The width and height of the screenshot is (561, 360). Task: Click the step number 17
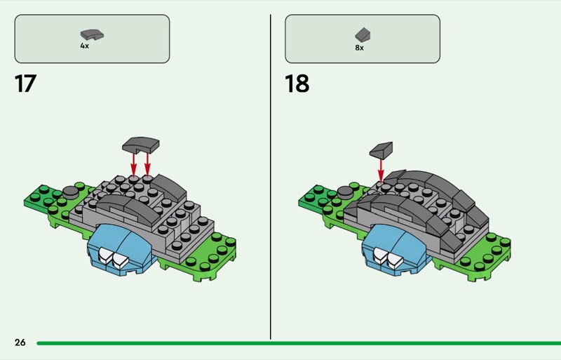click(25, 84)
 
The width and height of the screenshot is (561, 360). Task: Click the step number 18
click(297, 84)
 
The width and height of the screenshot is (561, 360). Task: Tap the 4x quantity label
click(85, 46)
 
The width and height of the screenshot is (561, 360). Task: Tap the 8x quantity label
click(360, 48)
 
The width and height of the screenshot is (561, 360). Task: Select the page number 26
click(20, 342)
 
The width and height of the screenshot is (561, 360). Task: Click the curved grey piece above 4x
click(92, 34)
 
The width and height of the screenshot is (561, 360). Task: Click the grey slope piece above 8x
click(363, 35)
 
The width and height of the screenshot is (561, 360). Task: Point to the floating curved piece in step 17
click(141, 145)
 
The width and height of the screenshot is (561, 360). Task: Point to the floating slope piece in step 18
click(381, 150)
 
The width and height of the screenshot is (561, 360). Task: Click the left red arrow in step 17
click(133, 164)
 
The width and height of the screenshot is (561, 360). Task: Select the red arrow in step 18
click(381, 171)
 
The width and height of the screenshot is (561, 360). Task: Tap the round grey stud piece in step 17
click(71, 192)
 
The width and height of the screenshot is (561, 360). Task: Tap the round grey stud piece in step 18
click(345, 192)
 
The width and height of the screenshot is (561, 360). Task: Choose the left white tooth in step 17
click(105, 255)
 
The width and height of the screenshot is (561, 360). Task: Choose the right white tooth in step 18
click(394, 261)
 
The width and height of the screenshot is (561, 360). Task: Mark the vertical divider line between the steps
click(271, 177)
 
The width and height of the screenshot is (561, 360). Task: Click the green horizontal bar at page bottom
click(299, 343)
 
